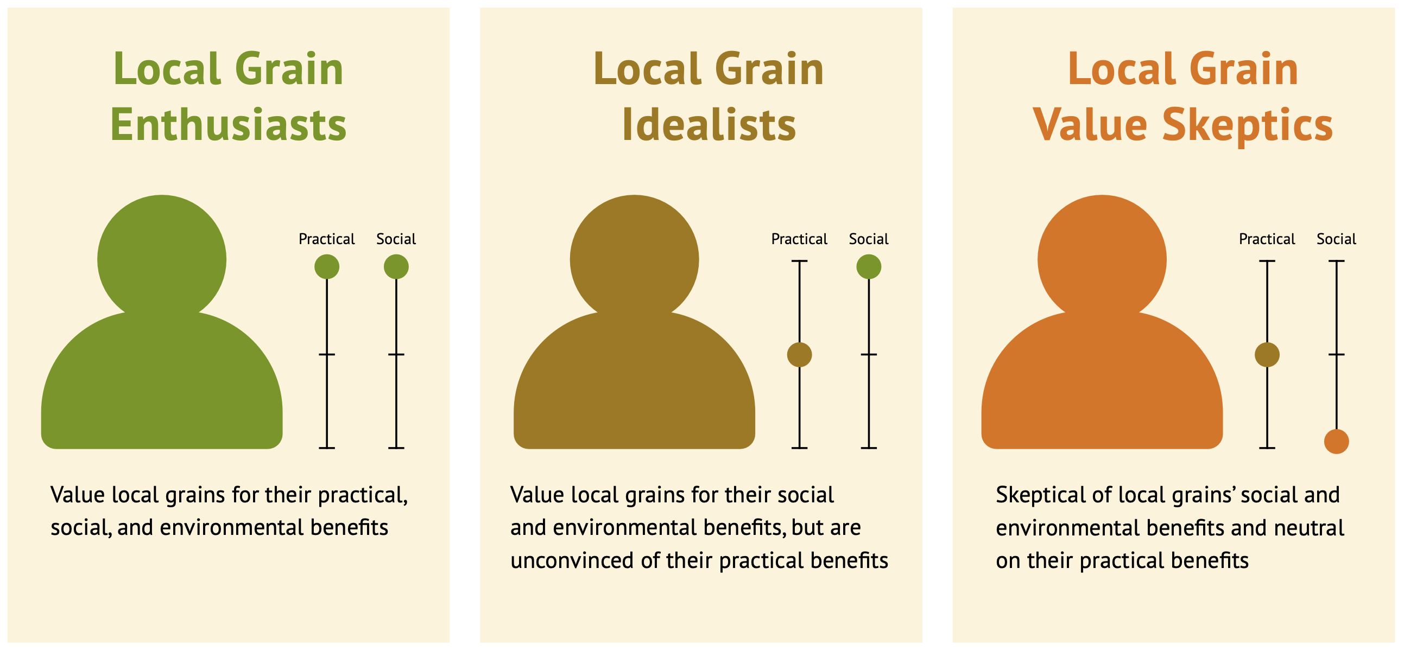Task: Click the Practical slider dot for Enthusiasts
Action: point(326,267)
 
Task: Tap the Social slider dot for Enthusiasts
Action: point(396,267)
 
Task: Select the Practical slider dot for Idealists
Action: point(799,355)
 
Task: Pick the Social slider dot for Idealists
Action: point(869,267)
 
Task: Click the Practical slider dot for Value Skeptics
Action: point(1267,355)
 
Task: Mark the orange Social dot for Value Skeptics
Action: point(1337,441)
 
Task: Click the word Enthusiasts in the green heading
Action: point(229,125)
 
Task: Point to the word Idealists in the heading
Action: point(709,125)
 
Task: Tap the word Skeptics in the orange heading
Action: point(1248,125)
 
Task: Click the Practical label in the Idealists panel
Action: point(799,239)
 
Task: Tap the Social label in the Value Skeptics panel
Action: point(1337,239)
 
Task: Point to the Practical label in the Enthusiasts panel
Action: point(326,239)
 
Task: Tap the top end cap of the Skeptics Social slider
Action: point(1337,261)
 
